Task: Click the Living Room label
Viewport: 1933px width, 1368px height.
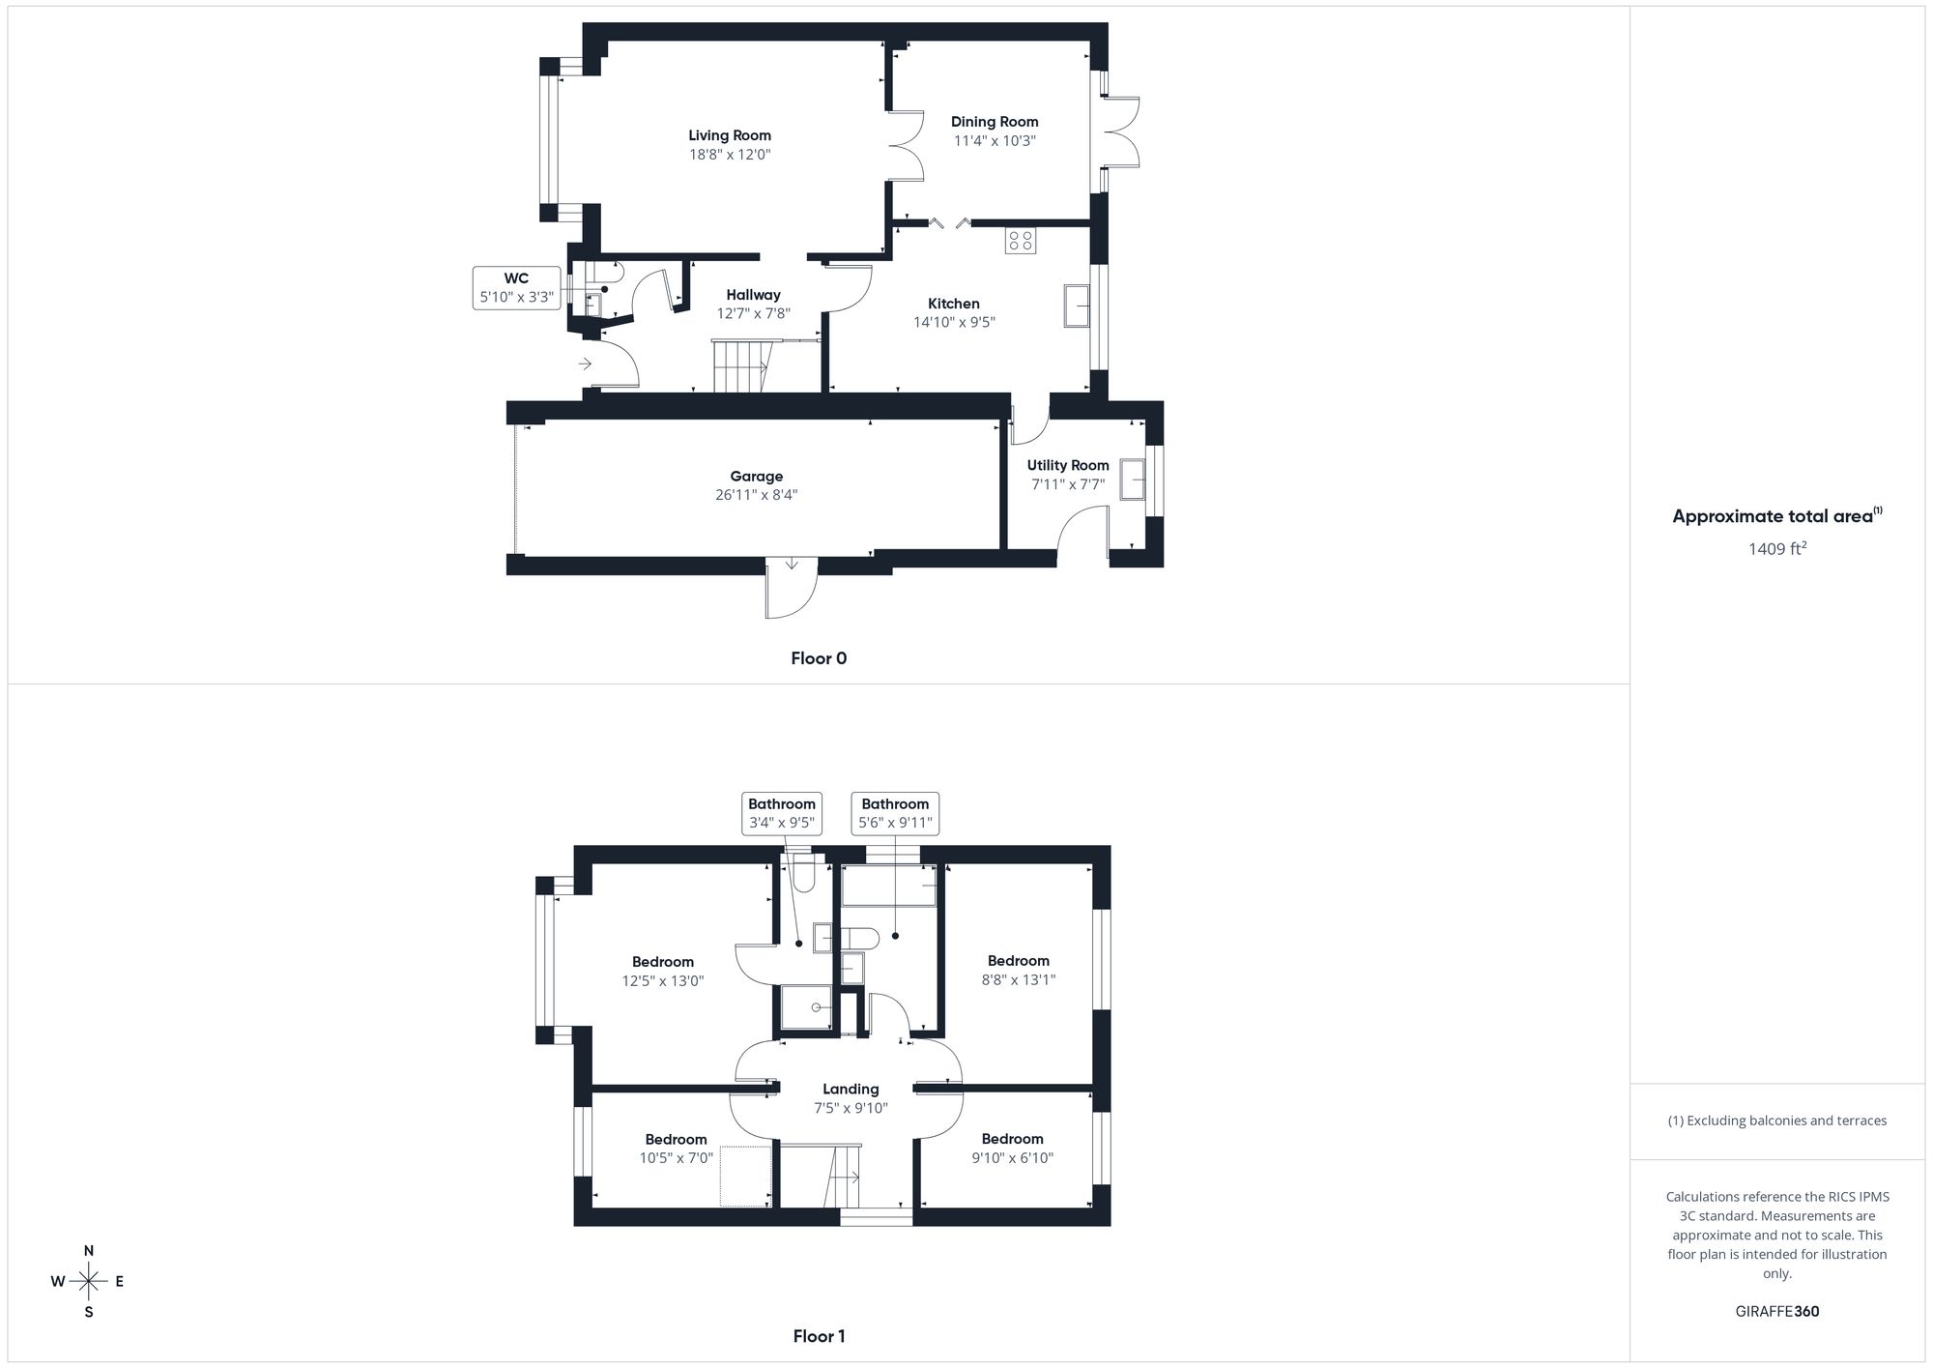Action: [x=730, y=136]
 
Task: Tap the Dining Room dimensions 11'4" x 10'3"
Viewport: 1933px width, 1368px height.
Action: [x=994, y=141]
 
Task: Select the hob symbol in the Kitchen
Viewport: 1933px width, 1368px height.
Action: [x=1020, y=240]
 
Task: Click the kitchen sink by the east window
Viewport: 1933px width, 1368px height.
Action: [x=1077, y=306]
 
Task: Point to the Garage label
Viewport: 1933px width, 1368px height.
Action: [x=756, y=477]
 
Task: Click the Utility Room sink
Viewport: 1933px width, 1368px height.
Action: [x=1133, y=479]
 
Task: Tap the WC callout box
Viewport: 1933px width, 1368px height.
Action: [x=516, y=288]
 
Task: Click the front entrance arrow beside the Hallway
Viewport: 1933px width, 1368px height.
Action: [x=585, y=364]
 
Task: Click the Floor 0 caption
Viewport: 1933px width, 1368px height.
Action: [x=819, y=658]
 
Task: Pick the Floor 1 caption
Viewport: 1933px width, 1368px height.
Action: [x=819, y=1336]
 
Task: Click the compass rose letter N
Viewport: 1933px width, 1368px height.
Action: [x=89, y=1251]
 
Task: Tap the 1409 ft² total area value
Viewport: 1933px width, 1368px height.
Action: [x=1776, y=549]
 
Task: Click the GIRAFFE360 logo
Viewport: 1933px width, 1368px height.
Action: [x=1776, y=1312]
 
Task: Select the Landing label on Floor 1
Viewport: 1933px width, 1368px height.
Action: [x=851, y=1090]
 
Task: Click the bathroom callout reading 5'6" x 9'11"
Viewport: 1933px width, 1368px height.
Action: [x=895, y=814]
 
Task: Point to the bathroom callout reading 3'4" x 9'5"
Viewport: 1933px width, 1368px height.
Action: [x=782, y=814]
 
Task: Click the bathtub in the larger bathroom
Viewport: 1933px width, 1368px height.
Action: [x=889, y=886]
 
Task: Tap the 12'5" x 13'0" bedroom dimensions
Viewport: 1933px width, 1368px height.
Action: [x=663, y=980]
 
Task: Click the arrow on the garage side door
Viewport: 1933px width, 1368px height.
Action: [x=792, y=564]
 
